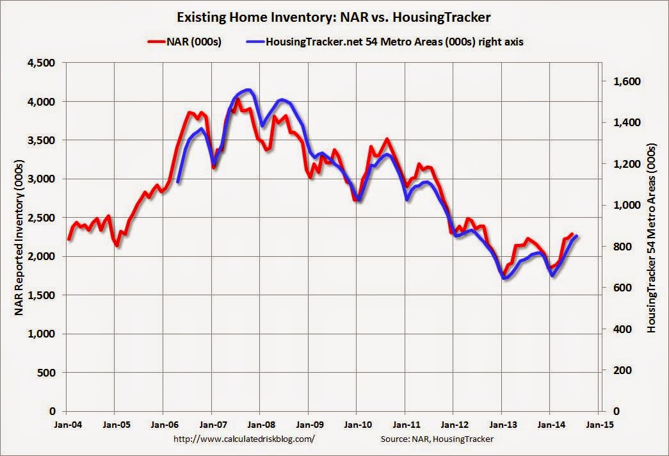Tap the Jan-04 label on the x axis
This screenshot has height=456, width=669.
click(x=67, y=424)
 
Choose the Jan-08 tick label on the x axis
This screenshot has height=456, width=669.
click(x=260, y=424)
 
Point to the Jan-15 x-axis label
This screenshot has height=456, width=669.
click(x=598, y=424)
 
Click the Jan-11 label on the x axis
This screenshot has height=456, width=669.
click(x=405, y=424)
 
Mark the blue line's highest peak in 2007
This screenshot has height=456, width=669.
click(x=247, y=90)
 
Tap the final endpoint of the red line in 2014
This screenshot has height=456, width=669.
click(x=572, y=234)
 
